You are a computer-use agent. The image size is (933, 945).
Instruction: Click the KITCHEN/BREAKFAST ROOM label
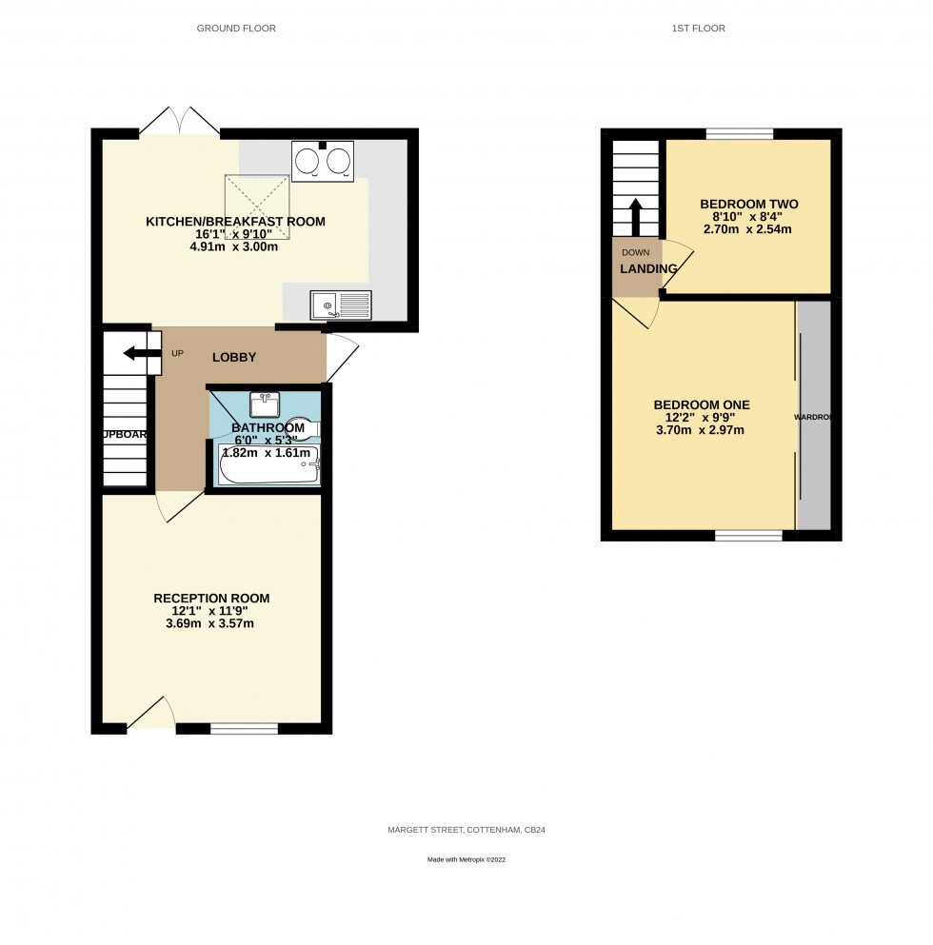point(235,222)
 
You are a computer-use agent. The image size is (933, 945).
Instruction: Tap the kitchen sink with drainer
point(341,305)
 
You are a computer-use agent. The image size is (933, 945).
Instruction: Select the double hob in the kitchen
point(322,162)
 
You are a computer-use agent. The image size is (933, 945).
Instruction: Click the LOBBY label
point(234,357)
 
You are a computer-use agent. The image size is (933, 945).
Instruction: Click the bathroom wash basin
point(265,404)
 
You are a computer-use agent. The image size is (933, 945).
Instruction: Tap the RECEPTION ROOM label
point(211,599)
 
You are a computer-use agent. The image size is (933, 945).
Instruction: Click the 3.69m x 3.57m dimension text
point(211,624)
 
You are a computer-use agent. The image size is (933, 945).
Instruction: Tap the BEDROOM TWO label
point(748,204)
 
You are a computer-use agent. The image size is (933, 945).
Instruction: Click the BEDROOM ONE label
point(704,404)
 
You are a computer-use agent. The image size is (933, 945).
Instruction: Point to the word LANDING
point(648,269)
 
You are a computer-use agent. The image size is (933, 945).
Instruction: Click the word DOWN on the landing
point(635,252)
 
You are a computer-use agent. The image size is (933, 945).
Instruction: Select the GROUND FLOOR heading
point(236,29)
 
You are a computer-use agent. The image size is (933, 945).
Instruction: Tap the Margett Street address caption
point(466,830)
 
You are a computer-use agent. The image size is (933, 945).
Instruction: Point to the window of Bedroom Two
point(739,134)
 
